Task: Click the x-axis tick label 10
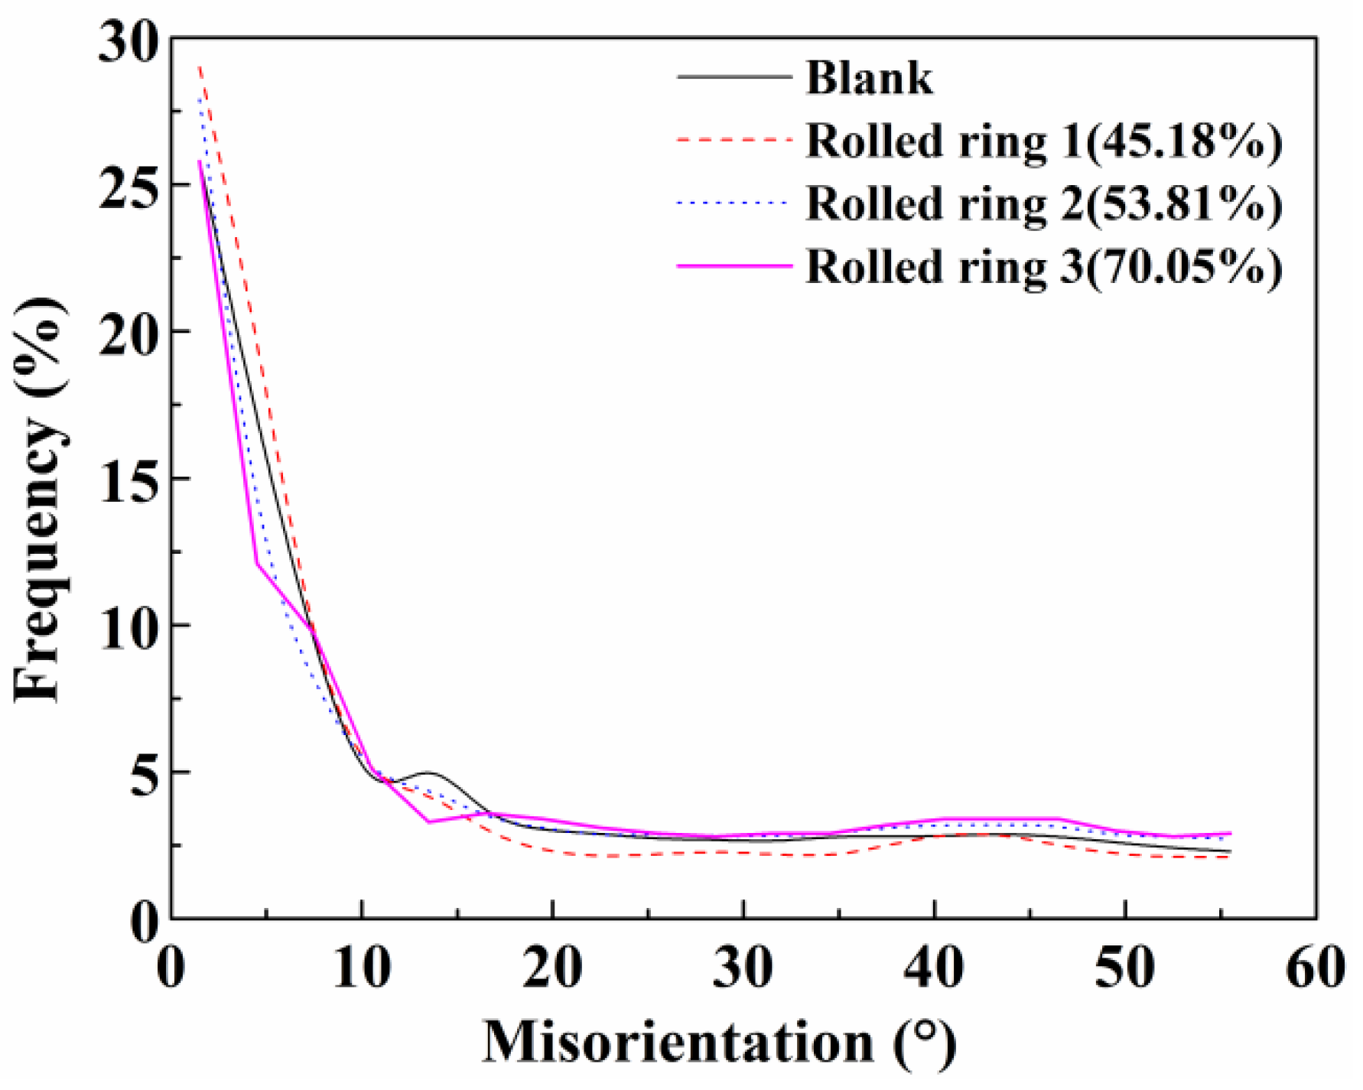[x=362, y=968]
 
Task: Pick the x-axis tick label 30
[x=743, y=968]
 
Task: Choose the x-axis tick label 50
[x=1124, y=968]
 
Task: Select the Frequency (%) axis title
[x=38, y=501]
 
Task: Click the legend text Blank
[x=870, y=78]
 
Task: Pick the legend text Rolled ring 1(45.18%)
[x=1044, y=142]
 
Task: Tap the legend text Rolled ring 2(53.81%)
[x=1044, y=204]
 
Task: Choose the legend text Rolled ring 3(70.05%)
[x=1044, y=268]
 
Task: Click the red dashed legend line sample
[x=734, y=140]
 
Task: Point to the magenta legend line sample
[x=734, y=266]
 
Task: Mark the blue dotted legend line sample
[x=734, y=203]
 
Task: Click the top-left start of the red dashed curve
[x=200, y=67]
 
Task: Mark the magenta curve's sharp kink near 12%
[x=257, y=565]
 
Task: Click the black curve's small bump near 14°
[x=428, y=773]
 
